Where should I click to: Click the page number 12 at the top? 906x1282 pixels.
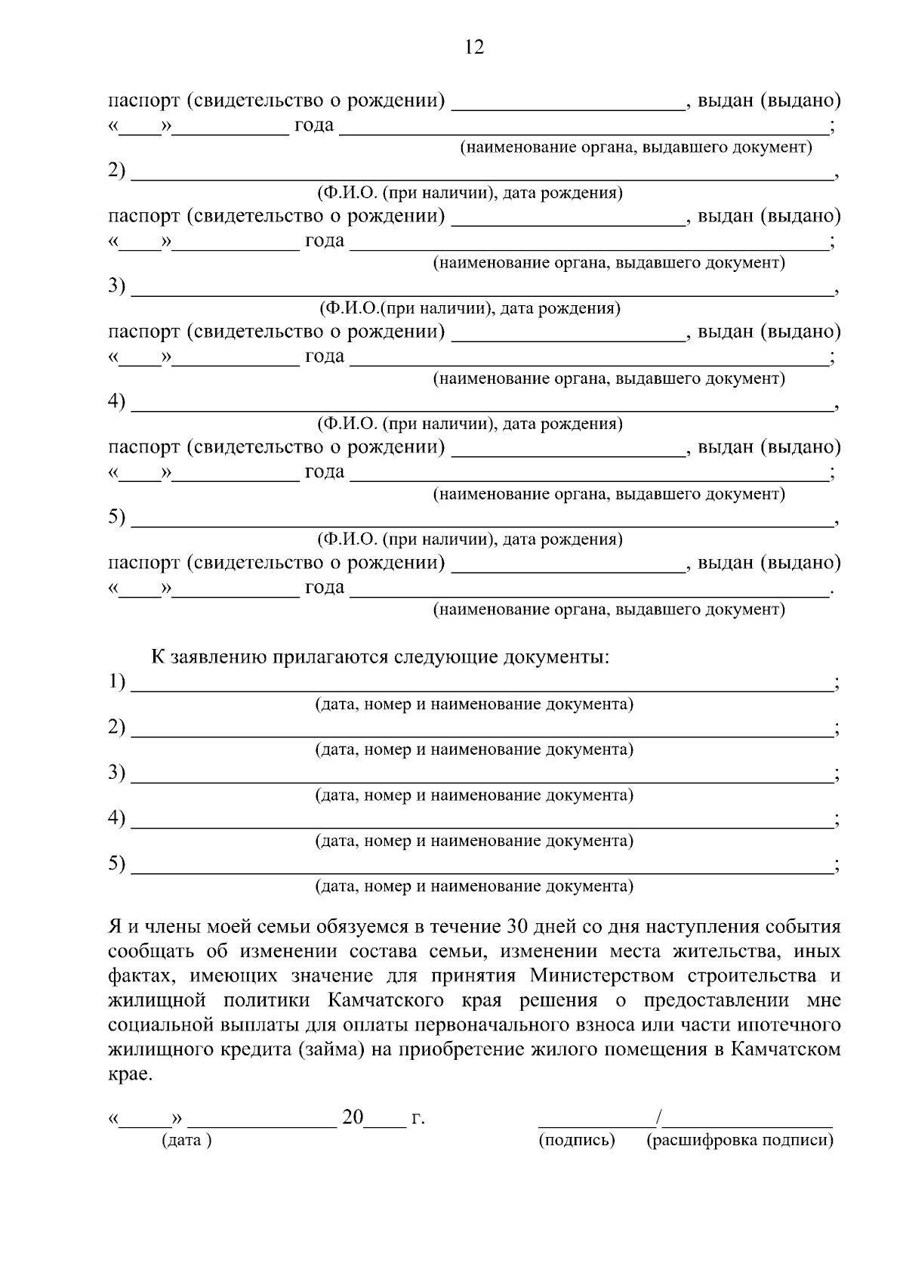pyautogui.click(x=474, y=48)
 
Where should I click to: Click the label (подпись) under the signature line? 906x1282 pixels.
pyautogui.click(x=577, y=1141)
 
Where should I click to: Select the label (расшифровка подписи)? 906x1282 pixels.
pyautogui.click(x=740, y=1141)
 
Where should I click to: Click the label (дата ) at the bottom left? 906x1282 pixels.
pyautogui.click(x=186, y=1141)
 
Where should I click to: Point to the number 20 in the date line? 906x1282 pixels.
pyautogui.click(x=353, y=1117)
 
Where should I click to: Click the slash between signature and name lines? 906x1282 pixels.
pyautogui.click(x=659, y=1117)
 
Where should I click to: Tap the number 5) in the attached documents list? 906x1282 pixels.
pyautogui.click(x=116, y=863)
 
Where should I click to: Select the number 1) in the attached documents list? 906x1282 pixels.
pyautogui.click(x=116, y=682)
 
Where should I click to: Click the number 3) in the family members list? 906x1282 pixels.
pyautogui.click(x=116, y=286)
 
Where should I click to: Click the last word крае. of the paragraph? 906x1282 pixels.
pyautogui.click(x=130, y=1074)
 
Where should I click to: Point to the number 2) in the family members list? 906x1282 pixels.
pyautogui.click(x=116, y=171)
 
